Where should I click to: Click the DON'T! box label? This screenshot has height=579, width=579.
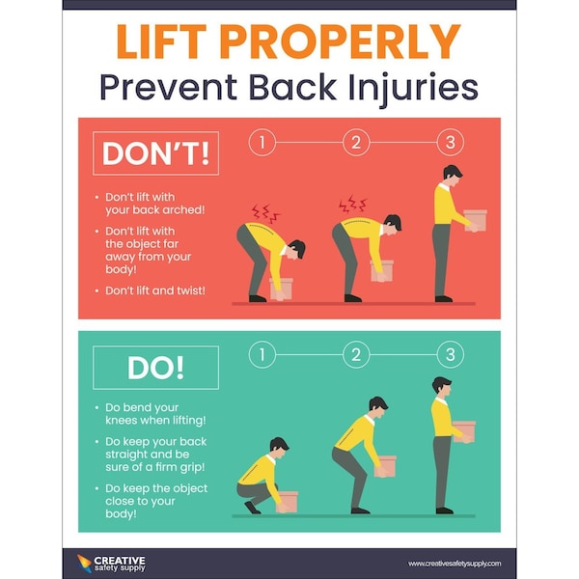(x=154, y=154)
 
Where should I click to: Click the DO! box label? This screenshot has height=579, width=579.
(x=154, y=367)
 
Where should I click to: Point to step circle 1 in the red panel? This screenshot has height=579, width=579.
(x=261, y=143)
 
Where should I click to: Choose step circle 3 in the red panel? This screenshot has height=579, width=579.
(x=449, y=143)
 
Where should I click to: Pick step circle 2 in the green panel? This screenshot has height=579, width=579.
(x=355, y=354)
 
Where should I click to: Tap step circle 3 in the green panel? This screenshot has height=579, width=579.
(x=449, y=354)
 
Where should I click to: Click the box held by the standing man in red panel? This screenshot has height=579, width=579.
(x=475, y=219)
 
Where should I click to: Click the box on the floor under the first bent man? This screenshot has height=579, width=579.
(x=283, y=287)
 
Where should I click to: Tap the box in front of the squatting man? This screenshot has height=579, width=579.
(x=287, y=501)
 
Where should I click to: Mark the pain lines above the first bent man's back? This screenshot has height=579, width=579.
(x=265, y=211)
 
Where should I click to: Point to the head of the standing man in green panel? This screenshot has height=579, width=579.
(x=442, y=385)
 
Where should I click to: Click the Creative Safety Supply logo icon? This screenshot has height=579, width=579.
(x=85, y=562)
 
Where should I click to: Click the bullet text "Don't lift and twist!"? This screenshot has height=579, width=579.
(x=154, y=289)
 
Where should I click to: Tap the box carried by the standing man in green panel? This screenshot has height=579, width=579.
(x=464, y=430)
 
